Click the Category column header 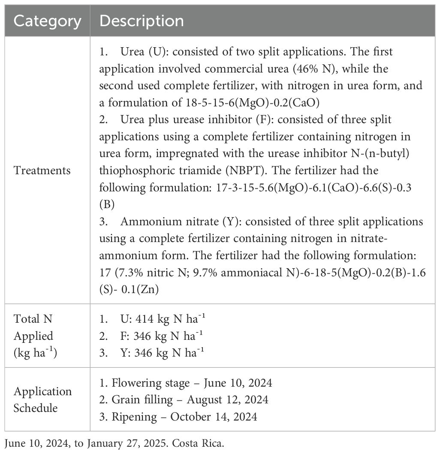coord(47,21)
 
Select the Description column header coord(142,21)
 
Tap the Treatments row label coord(42,170)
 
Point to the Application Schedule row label coord(42,400)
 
